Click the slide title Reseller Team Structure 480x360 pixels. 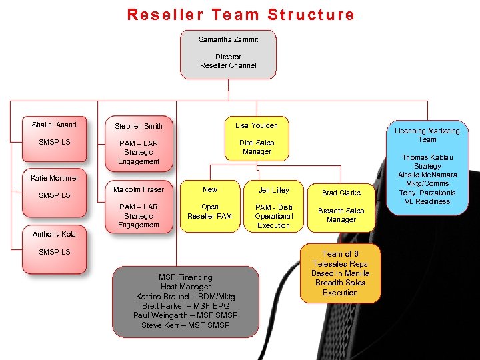click(x=241, y=14)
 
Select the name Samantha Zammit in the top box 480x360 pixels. click(x=228, y=39)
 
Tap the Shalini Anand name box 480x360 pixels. click(x=54, y=125)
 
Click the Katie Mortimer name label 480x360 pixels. click(x=54, y=178)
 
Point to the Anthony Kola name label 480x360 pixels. click(x=54, y=234)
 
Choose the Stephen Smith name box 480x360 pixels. click(x=139, y=125)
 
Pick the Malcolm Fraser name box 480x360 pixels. click(x=139, y=189)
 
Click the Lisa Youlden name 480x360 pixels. click(x=257, y=125)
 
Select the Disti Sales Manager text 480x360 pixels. click(x=257, y=147)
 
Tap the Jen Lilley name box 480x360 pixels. click(x=274, y=189)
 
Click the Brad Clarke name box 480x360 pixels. click(x=341, y=193)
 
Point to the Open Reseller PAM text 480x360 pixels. click(x=210, y=211)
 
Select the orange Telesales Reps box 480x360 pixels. click(x=341, y=273)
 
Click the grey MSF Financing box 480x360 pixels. click(x=185, y=301)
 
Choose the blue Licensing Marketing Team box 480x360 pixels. click(x=427, y=167)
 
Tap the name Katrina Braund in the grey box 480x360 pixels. click(x=185, y=296)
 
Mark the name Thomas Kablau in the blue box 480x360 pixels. click(x=427, y=157)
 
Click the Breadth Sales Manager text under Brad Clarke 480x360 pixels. click(x=341, y=215)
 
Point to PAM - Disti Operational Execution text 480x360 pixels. click(x=274, y=216)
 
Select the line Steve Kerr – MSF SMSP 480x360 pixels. click(x=185, y=325)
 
